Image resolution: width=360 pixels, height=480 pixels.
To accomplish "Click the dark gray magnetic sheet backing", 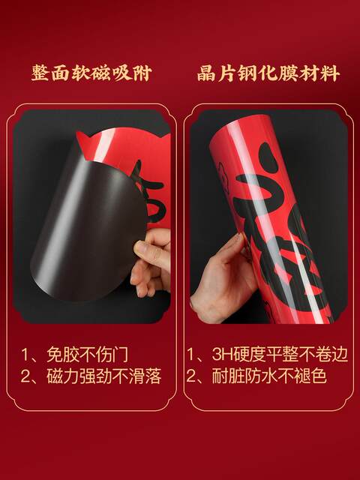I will (82, 225).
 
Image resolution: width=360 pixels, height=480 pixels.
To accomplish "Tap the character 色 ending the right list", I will (318, 376).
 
